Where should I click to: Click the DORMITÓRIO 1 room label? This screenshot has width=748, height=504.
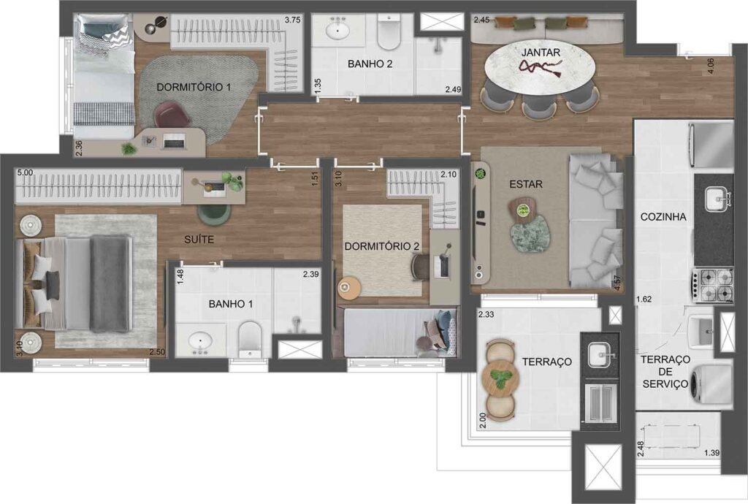(x=194, y=87)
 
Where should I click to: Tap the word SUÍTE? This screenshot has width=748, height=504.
(x=199, y=238)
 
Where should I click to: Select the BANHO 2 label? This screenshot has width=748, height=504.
(x=370, y=64)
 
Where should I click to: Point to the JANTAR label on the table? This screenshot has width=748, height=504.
(x=540, y=53)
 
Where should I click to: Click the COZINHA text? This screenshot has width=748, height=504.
(x=663, y=217)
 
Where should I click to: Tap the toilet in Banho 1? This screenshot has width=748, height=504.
(x=251, y=338)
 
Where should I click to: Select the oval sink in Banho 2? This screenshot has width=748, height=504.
(x=338, y=31)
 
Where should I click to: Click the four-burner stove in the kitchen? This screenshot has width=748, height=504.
(x=712, y=285)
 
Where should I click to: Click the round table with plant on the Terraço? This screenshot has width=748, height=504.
(x=500, y=378)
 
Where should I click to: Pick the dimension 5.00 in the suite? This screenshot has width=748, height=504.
(x=24, y=173)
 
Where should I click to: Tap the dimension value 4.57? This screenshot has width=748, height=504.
(x=618, y=283)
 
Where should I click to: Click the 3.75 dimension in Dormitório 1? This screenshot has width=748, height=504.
(x=292, y=20)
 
